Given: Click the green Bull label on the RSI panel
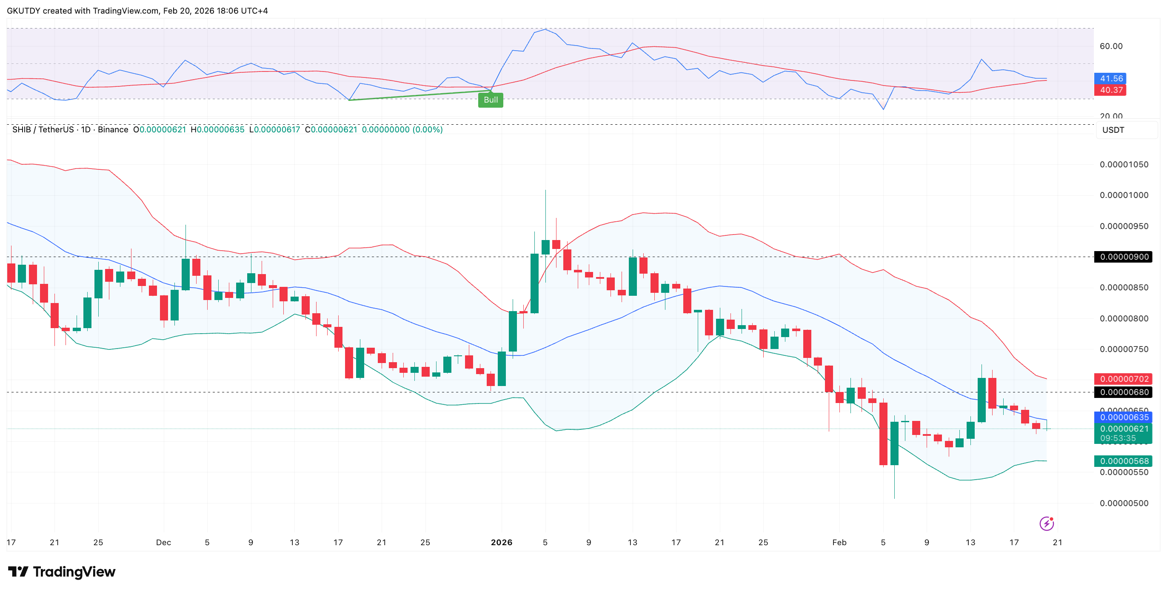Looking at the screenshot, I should coord(490,100).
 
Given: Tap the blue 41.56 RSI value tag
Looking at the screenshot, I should coord(1110,78).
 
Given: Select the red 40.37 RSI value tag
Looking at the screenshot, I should coord(1110,90).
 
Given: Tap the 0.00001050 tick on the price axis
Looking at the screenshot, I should coord(1124,164).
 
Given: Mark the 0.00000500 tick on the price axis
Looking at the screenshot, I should coord(1124,503).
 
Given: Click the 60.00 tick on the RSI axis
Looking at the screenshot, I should coord(1111,46).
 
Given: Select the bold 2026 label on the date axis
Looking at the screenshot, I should coord(501,542).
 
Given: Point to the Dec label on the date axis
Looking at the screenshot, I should coord(163,542).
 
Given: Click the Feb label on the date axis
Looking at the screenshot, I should coord(839,542).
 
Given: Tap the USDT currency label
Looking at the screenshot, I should coord(1113,130).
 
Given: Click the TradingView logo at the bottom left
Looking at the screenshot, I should coord(62,572).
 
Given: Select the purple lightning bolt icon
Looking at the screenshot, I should coord(1046,523).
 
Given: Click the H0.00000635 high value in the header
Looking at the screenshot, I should coord(217,130).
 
